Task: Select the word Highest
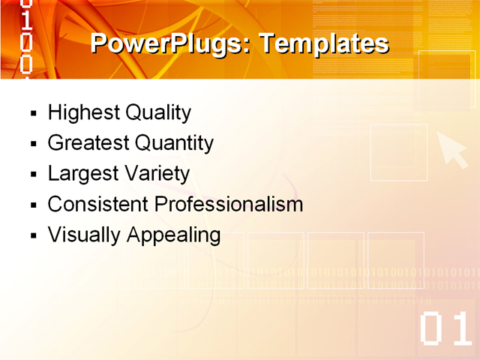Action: pos(83,112)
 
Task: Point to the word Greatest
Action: pos(88,142)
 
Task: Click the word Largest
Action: pos(80,173)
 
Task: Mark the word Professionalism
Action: pos(229,203)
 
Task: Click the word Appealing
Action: pos(173,235)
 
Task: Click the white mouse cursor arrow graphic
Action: pos(451,148)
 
